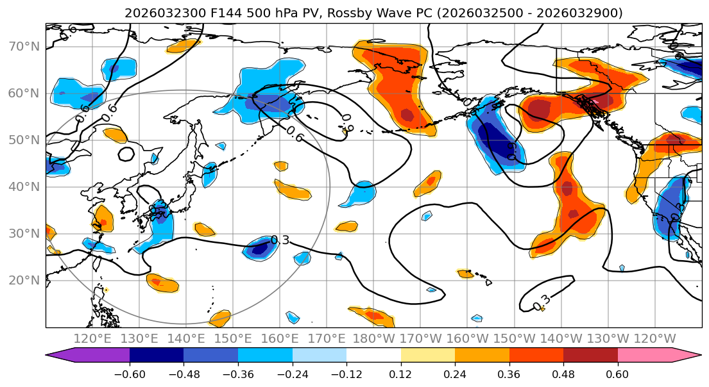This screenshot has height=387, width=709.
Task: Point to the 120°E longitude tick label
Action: point(92,339)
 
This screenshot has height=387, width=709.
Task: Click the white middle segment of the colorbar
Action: point(373,356)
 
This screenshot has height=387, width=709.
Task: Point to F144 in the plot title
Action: point(224,13)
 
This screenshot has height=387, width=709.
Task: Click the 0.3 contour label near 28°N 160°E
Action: point(280,240)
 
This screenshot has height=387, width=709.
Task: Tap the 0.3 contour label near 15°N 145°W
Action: point(542,301)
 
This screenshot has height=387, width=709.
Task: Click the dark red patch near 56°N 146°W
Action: point(536,108)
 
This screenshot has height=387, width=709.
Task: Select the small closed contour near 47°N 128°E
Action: point(126,154)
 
